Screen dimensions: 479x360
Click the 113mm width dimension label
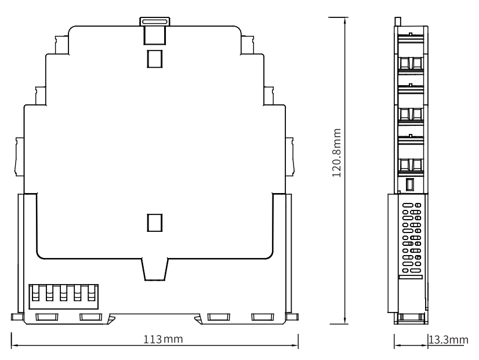[x=164, y=339]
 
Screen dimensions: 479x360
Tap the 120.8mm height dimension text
[x=336, y=152]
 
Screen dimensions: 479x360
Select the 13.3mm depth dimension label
[x=448, y=340]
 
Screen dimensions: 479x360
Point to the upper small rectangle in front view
[x=155, y=59]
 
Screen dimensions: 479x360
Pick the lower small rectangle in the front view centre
[x=155, y=223]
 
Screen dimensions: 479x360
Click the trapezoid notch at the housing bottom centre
[x=155, y=270]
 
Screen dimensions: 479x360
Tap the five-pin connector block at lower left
[x=64, y=296]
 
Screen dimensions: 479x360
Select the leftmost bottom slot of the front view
[x=47, y=317]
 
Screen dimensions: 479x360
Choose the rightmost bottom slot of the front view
[x=263, y=317]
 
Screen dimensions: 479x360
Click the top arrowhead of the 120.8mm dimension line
[x=345, y=21]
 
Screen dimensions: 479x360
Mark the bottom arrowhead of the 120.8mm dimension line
[x=345, y=321]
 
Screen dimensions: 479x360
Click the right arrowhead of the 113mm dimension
[x=295, y=346]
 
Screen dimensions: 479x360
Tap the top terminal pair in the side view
[x=411, y=64]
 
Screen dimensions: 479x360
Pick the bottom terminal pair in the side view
[x=411, y=165]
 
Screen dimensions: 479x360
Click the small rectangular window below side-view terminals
[x=410, y=184]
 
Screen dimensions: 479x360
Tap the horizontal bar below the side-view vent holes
[x=411, y=277]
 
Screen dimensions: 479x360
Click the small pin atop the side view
[x=397, y=21]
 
